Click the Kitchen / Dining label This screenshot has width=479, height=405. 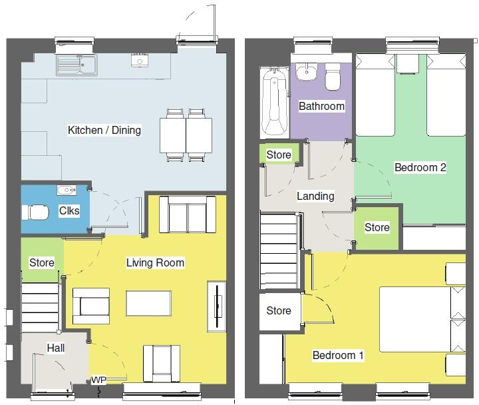click(104, 130)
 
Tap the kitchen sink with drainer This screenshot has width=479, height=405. click(78, 65)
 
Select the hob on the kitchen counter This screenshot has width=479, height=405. click(140, 61)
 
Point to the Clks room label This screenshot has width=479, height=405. click(69, 211)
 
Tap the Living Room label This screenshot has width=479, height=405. click(155, 262)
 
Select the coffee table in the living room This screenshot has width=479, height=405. click(148, 304)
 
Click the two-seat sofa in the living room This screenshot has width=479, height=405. click(188, 215)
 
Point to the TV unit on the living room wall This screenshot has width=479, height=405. click(217, 306)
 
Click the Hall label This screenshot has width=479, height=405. click(56, 348)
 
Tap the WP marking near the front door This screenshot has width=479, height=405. click(98, 380)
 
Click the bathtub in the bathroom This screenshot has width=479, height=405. click(273, 101)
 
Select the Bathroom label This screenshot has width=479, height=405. click(321, 106)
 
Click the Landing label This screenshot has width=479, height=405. click(315, 196)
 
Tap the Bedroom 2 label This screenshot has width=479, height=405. click(420, 167)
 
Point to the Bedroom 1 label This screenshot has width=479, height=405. click(338, 355)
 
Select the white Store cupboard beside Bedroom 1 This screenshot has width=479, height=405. click(279, 310)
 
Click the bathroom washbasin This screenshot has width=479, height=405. click(307, 72)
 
